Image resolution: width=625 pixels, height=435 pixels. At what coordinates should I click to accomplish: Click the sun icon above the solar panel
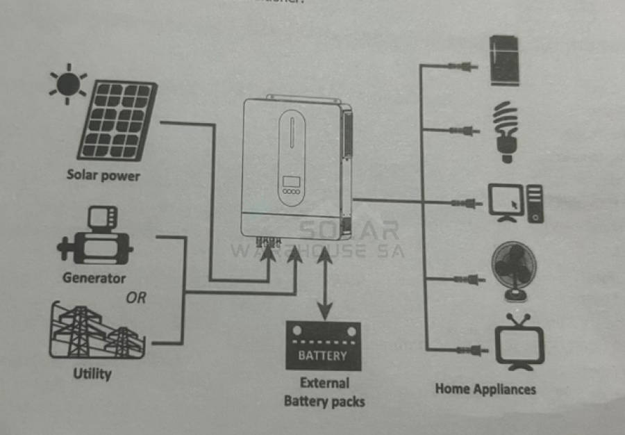(67, 84)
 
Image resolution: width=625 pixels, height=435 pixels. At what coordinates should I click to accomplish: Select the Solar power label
(103, 175)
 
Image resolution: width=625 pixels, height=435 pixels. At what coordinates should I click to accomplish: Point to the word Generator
(94, 278)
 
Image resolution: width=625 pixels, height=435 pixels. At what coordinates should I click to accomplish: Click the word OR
(136, 298)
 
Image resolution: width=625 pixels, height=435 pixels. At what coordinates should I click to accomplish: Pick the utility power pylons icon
(97, 331)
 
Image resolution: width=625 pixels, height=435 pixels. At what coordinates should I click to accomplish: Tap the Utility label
(92, 374)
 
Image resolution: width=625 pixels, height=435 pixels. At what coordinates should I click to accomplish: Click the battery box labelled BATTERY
(323, 347)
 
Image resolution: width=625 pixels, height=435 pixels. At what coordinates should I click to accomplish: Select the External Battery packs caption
(324, 392)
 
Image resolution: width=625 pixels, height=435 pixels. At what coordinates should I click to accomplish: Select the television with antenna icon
(519, 343)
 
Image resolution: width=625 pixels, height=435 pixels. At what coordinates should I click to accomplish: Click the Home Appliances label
(485, 388)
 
